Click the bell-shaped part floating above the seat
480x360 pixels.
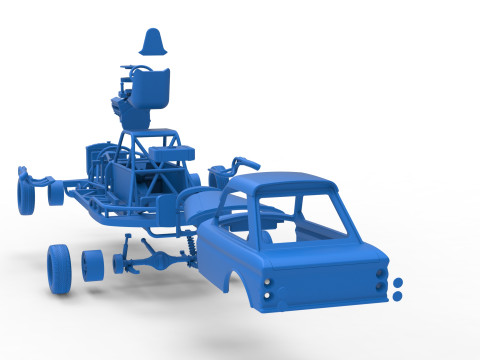pos(154,42)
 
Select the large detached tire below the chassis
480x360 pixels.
pos(59,269)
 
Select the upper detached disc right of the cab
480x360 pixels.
pos(397,281)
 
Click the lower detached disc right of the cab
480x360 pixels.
pos(397,296)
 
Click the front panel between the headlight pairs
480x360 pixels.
pos(325,281)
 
